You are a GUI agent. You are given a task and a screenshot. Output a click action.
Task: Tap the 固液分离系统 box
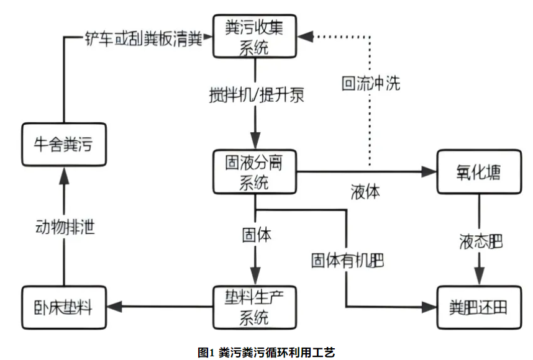coord(255,172)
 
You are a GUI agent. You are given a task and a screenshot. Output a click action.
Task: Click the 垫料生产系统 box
coord(255,306)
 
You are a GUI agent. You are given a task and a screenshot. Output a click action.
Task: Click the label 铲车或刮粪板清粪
coord(143,38)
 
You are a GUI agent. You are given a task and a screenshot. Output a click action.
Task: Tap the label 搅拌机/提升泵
coord(257,96)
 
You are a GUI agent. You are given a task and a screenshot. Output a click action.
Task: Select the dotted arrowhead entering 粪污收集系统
coord(304,38)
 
